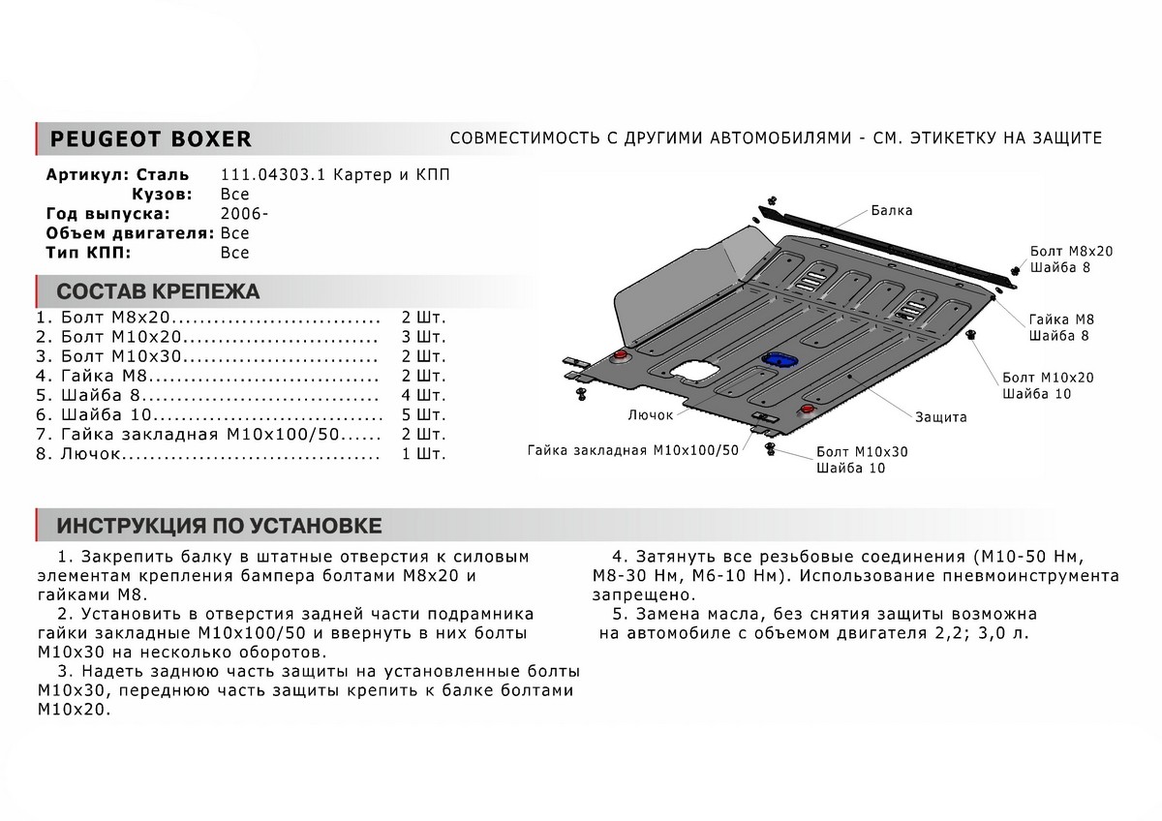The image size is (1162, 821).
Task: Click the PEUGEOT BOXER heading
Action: (x=150, y=138)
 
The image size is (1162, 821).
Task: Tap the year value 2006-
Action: (x=238, y=214)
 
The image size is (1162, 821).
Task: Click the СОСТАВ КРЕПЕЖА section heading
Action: (x=158, y=291)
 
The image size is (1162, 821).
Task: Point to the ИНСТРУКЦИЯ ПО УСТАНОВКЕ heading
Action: (x=219, y=526)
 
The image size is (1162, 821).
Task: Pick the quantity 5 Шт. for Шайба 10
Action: (x=423, y=415)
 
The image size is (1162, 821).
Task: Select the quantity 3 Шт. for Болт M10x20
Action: (x=423, y=337)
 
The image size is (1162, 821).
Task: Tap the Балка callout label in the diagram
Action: (x=891, y=210)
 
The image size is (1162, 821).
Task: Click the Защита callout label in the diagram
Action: (x=940, y=417)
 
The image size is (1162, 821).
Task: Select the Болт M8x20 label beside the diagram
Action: (x=1071, y=251)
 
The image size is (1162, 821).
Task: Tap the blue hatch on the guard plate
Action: (x=778, y=359)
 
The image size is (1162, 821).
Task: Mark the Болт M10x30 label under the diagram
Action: (x=862, y=451)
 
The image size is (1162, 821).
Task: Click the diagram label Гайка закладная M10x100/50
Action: (x=633, y=450)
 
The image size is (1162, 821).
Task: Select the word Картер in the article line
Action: (x=360, y=175)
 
